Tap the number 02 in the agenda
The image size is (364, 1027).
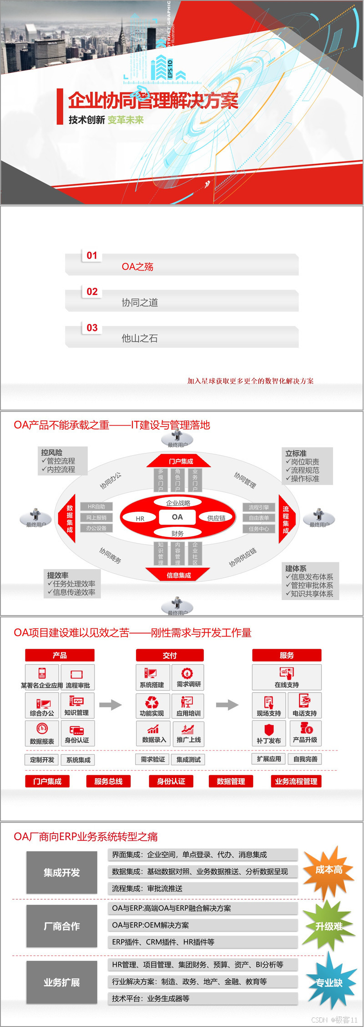tap(92, 291)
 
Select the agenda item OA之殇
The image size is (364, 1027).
tap(137, 267)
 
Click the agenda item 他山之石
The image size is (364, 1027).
tap(140, 338)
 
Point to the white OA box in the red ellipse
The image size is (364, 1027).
tap(177, 517)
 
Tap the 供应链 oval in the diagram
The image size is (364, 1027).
tap(216, 518)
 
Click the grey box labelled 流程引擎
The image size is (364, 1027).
tap(259, 507)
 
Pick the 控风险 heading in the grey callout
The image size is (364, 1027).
tap(52, 452)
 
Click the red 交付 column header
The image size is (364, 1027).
tap(170, 655)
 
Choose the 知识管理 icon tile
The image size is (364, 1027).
tap(76, 705)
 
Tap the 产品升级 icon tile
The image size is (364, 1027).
tap(305, 733)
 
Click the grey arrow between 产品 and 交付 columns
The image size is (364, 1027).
tap(111, 705)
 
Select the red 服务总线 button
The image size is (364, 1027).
tap(108, 781)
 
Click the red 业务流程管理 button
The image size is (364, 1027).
tap(296, 781)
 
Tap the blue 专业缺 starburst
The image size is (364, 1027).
tap(329, 982)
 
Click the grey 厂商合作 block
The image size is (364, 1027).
tap(62, 926)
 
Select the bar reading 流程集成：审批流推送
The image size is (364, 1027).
tap(202, 888)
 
